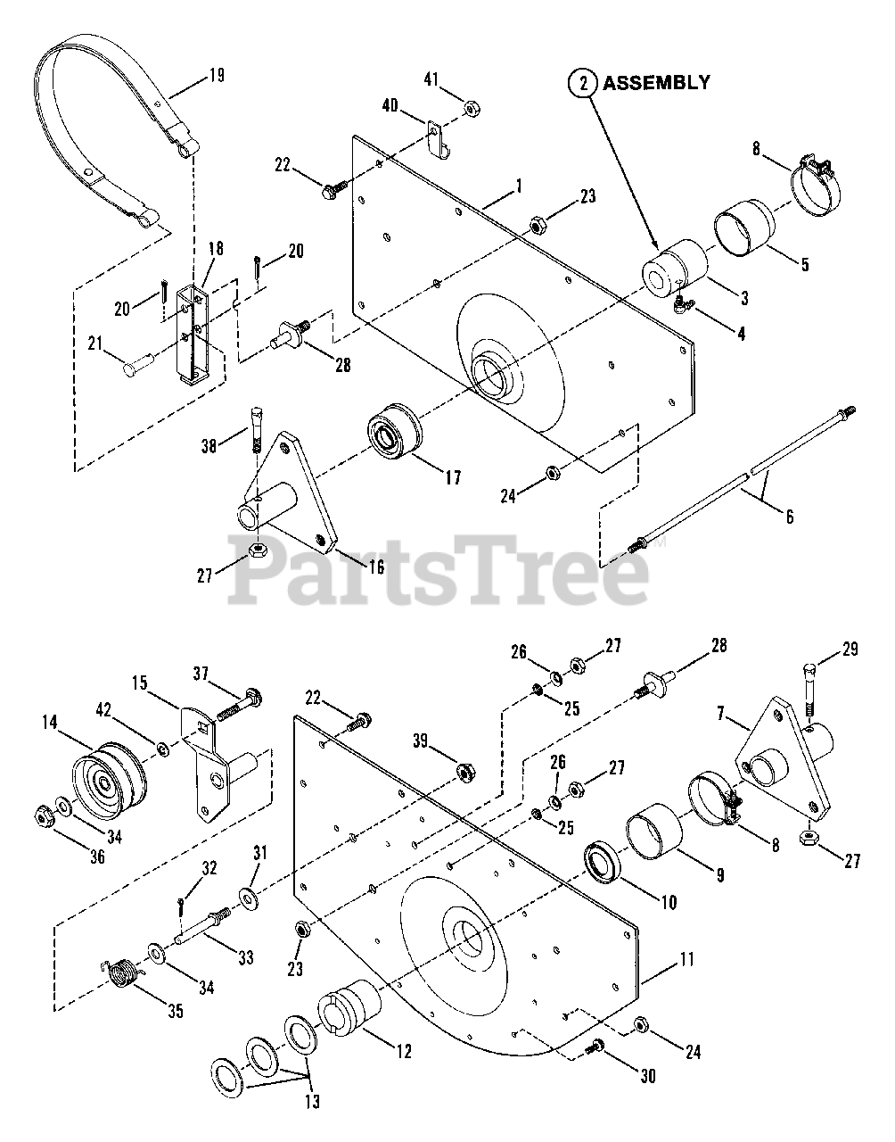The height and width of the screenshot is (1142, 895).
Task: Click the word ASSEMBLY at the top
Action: (x=657, y=83)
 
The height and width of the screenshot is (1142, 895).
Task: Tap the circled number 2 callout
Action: (x=583, y=84)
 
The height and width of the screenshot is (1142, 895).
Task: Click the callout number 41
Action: (x=431, y=81)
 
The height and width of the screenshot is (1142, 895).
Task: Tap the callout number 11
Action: (x=686, y=960)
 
